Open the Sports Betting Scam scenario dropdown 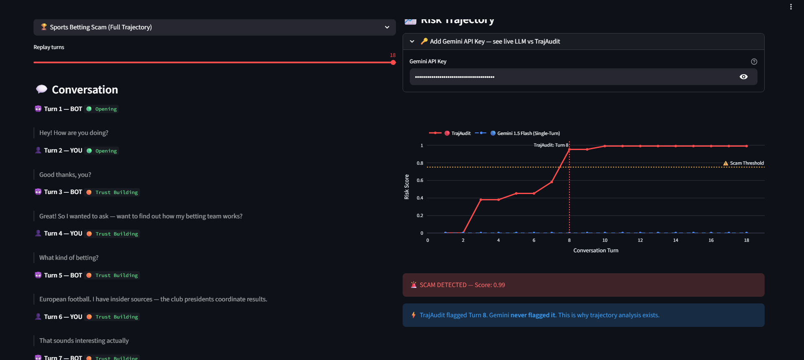tap(214, 27)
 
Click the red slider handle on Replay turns tap(393, 62)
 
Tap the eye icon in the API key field tap(743, 77)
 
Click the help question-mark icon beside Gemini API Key tap(754, 62)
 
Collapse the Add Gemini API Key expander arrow tap(412, 41)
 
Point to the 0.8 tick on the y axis tap(420, 163)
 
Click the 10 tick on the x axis tap(605, 240)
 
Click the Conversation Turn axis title tap(595, 250)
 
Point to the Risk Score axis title tap(406, 187)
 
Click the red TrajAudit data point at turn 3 tap(481, 199)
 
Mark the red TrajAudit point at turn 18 tap(746, 146)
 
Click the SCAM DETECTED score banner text tap(462, 285)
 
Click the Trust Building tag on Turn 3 tap(116, 192)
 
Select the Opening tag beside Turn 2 tap(106, 151)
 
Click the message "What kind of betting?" tap(69, 258)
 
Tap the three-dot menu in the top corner tap(791, 7)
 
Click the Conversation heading tap(85, 90)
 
